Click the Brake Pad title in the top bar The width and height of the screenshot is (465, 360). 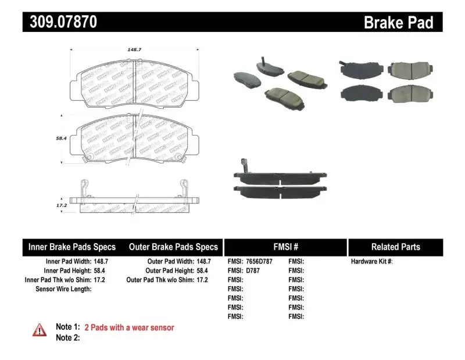399,23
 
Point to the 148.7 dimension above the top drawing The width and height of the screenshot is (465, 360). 135,50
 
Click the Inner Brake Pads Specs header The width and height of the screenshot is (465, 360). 72,247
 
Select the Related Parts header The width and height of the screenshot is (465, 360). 395,247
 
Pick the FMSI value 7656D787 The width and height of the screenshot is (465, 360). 259,262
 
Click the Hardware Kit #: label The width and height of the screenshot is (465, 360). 372,262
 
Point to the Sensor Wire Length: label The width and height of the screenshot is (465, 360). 64,288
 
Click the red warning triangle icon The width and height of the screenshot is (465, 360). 40,330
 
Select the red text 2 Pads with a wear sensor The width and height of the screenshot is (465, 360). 129,327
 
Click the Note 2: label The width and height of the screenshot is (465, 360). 68,337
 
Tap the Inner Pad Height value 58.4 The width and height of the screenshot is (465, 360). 101,270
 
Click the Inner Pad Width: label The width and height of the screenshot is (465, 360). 64,262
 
